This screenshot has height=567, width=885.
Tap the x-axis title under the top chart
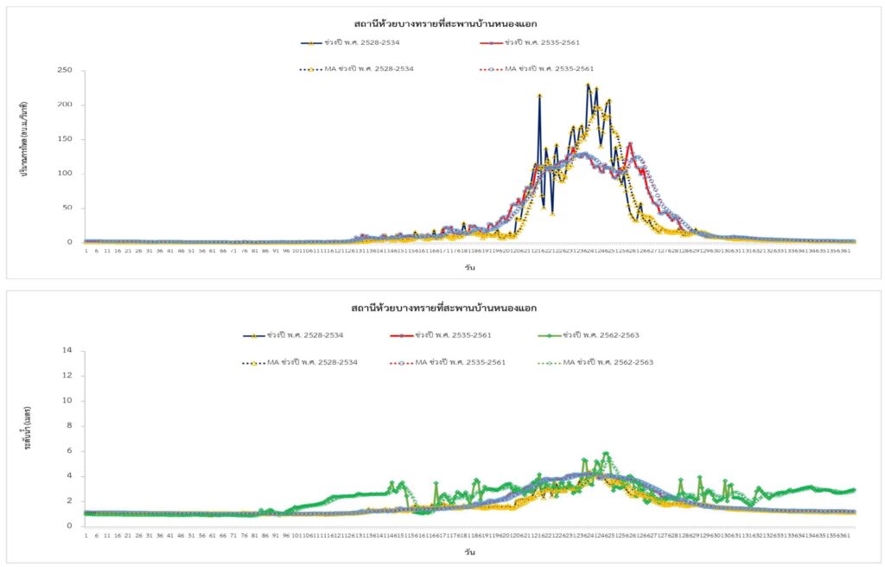tap(468, 267)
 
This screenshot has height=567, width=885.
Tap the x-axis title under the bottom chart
tap(468, 551)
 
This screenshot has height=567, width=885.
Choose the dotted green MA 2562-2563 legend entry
tap(596, 362)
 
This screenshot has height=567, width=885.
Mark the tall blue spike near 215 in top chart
tap(539, 96)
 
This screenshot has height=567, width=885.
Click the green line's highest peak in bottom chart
tap(606, 453)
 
